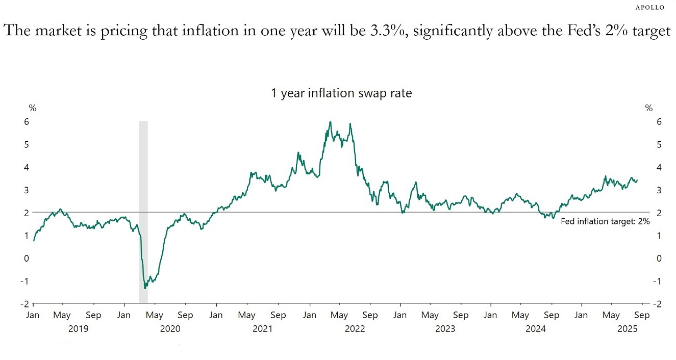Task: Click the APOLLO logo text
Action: pyautogui.click(x=650, y=8)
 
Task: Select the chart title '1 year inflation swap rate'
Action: pyautogui.click(x=341, y=93)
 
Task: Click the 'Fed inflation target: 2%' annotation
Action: pyautogui.click(x=605, y=221)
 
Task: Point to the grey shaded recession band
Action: pyautogui.click(x=143, y=212)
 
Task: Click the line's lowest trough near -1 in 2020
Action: pyautogui.click(x=145, y=288)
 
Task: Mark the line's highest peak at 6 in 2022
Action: pyautogui.click(x=331, y=122)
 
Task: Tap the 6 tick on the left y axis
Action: pyautogui.click(x=26, y=121)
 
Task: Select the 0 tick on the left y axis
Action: pyautogui.click(x=26, y=258)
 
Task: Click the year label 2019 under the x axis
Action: pyautogui.click(x=78, y=329)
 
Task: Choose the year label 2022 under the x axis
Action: pyautogui.click(x=355, y=329)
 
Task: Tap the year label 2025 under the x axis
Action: pyautogui.click(x=627, y=329)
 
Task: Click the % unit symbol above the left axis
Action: pyautogui.click(x=32, y=108)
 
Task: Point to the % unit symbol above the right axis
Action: pyautogui.click(x=648, y=108)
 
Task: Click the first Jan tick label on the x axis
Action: pyautogui.click(x=33, y=315)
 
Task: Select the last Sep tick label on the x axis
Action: pyautogui.click(x=642, y=315)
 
